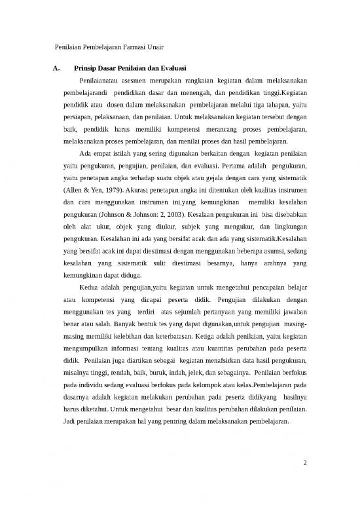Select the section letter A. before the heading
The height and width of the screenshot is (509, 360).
[x=56, y=69]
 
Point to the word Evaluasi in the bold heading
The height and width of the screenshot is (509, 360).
[x=170, y=69]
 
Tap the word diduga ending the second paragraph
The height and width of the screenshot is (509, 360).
[x=128, y=274]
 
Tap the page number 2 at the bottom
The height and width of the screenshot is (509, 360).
[x=305, y=465]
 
